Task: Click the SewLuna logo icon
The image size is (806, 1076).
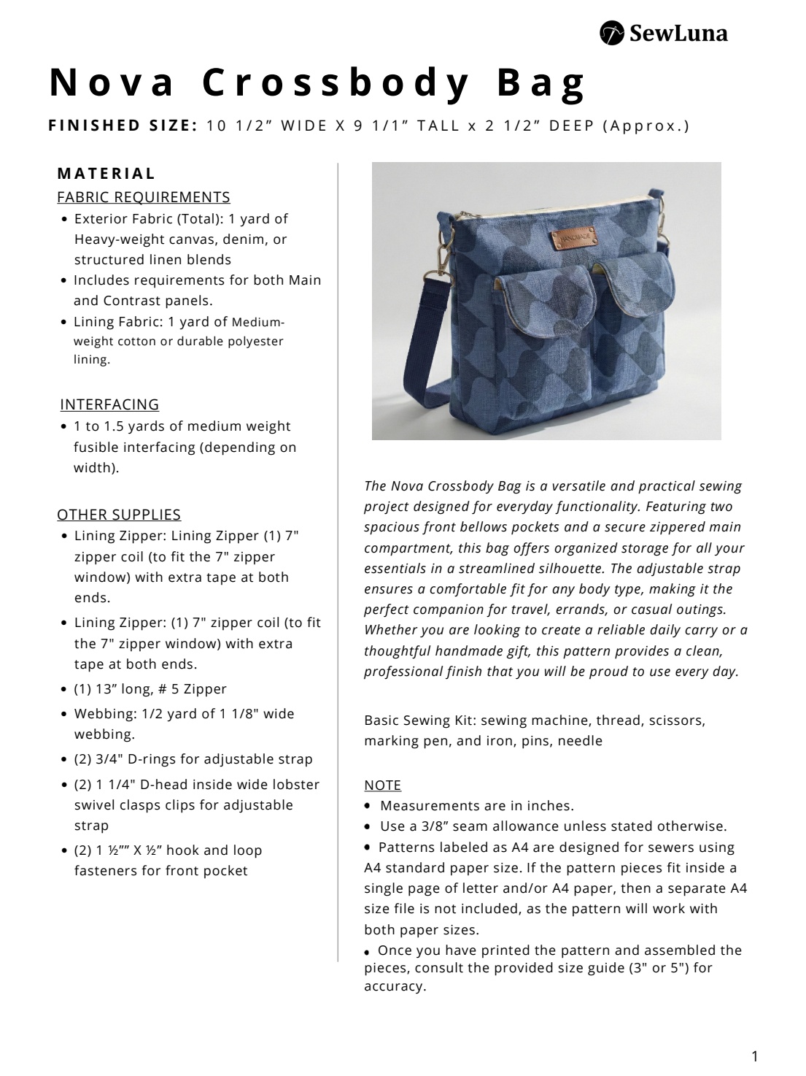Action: (x=611, y=33)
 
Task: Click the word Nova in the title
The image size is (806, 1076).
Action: (x=112, y=82)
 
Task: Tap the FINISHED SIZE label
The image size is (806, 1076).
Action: (x=123, y=126)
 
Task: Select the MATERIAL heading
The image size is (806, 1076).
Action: (x=106, y=174)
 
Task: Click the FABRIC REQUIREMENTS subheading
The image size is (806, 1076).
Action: (x=144, y=197)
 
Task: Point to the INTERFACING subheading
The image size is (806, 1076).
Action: (x=109, y=404)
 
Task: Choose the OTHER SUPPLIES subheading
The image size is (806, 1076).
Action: (x=119, y=515)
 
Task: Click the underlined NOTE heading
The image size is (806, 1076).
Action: (x=383, y=785)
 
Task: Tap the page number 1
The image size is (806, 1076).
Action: (x=755, y=1056)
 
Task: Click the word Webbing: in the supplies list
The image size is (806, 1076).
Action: (x=104, y=714)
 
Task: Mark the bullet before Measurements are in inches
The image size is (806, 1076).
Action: (x=369, y=806)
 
